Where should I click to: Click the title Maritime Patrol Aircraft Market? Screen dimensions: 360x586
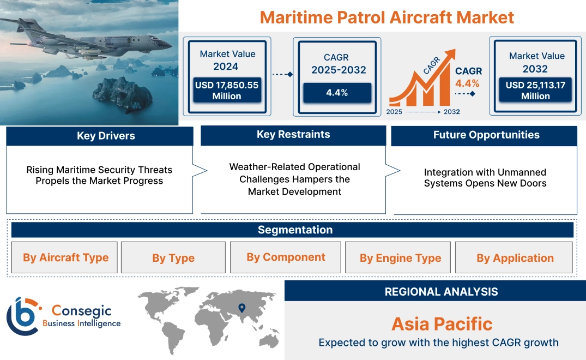386,17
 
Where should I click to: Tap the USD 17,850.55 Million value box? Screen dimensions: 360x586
226,91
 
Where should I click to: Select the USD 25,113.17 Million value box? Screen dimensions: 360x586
535,91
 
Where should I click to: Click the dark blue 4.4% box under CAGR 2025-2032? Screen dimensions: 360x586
337,93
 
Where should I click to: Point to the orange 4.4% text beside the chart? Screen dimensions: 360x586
467,83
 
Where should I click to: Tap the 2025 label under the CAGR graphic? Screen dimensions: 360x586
395,112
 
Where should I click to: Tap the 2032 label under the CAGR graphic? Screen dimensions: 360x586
451,112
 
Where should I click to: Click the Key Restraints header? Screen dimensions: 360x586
293,135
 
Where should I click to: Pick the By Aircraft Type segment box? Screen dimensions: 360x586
65,257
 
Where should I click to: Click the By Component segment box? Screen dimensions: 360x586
286,257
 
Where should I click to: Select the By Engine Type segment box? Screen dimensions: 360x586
400,258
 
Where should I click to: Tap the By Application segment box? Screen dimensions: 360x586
515,258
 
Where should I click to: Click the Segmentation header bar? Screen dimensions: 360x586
295,230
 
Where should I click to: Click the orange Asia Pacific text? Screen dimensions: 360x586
442,324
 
